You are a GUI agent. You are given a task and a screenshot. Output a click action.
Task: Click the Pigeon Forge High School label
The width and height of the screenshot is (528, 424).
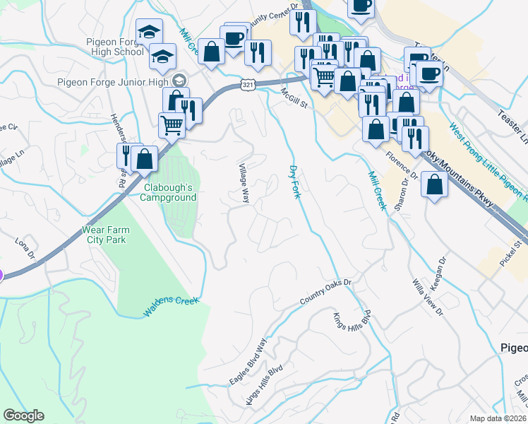[115, 47]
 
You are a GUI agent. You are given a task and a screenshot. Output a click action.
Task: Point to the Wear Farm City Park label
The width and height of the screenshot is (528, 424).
[104, 235]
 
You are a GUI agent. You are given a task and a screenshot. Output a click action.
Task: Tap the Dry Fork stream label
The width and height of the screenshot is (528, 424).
[294, 182]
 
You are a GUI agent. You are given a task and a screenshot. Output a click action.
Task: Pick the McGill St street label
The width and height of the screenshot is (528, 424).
[295, 99]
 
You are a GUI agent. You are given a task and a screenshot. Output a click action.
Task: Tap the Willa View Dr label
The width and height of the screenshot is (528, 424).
[428, 297]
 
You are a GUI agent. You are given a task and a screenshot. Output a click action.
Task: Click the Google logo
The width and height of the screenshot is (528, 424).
[23, 416]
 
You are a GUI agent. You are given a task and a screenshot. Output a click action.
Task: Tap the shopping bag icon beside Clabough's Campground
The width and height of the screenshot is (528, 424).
[145, 159]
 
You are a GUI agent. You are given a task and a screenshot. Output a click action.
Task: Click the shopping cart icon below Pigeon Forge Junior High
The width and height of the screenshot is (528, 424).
[172, 126]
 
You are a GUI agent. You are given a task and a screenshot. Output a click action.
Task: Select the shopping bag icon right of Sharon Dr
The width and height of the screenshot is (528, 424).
[435, 184]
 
